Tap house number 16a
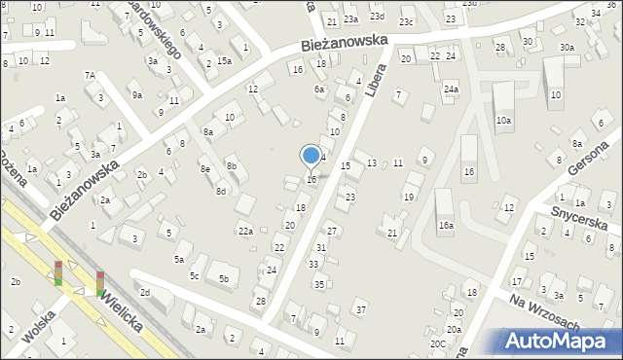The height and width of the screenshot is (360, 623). (446, 225)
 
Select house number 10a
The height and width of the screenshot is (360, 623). (503, 121)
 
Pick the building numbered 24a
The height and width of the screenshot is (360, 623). (451, 90)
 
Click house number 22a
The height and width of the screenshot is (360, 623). (246, 232)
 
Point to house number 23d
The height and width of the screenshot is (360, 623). (377, 17)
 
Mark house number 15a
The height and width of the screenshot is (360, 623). (224, 60)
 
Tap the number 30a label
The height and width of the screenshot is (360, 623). (566, 48)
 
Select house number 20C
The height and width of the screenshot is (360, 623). (439, 343)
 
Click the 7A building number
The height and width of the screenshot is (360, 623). (89, 75)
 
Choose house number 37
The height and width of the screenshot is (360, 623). (361, 309)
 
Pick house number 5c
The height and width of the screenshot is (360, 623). (195, 276)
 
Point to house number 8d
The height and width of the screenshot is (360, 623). (221, 192)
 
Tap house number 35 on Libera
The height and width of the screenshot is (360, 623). (319, 284)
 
